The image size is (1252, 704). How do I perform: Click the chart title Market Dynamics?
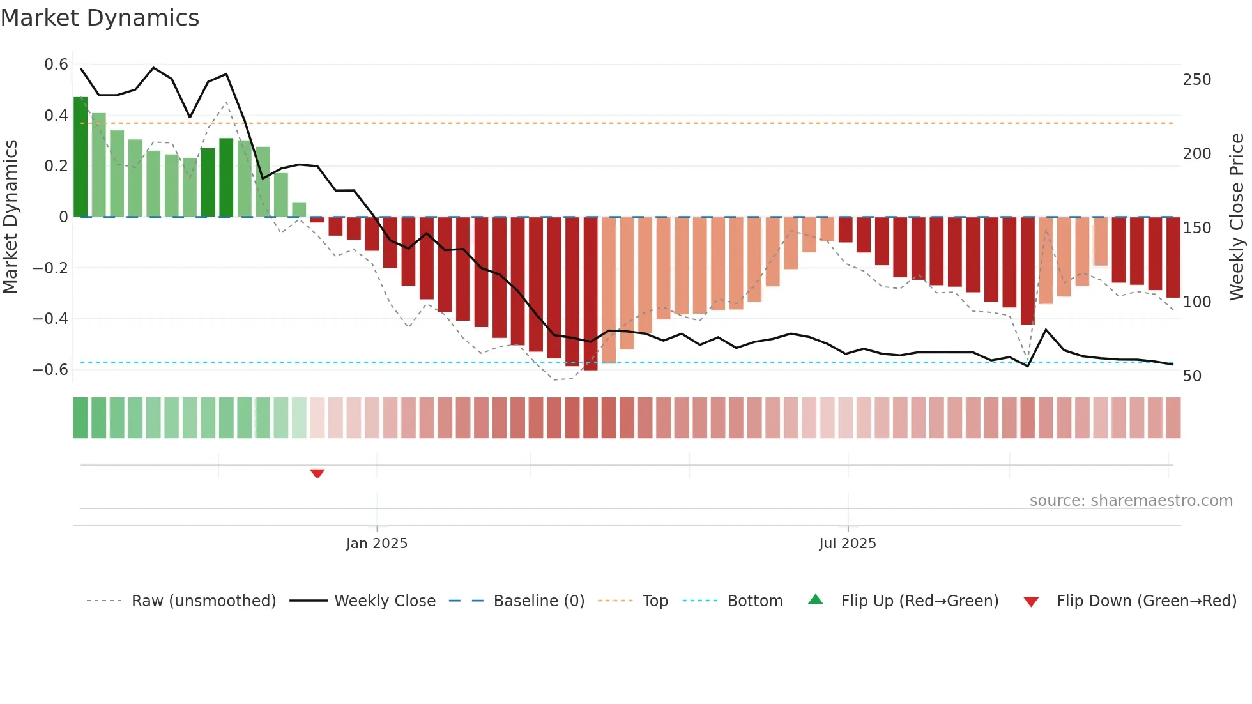point(100,18)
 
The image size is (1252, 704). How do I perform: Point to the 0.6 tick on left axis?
point(56,65)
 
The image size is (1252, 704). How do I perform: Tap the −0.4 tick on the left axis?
point(50,318)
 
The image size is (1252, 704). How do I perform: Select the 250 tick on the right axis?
point(1196,80)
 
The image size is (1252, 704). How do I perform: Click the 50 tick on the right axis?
point(1192,376)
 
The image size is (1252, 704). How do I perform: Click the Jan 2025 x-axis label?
point(376,543)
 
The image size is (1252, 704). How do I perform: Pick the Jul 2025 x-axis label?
point(847,543)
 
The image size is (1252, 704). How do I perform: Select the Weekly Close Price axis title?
point(1237,217)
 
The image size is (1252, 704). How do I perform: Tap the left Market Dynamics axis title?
point(10,217)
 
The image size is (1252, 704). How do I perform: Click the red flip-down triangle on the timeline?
point(317,473)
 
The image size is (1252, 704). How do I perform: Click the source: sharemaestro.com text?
point(1131,500)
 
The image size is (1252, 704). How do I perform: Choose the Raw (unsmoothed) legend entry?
point(203,601)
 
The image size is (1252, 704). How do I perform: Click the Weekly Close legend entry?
point(385,601)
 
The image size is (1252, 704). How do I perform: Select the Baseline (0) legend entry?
point(538,601)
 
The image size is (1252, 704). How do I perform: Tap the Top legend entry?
point(655,601)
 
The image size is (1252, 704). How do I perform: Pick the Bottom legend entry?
point(754,601)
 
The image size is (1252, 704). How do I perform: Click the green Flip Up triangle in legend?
point(816,599)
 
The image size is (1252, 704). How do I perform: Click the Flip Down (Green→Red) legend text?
point(1146,601)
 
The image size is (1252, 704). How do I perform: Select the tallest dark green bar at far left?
point(80,157)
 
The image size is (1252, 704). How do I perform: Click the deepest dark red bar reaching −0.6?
point(590,294)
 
